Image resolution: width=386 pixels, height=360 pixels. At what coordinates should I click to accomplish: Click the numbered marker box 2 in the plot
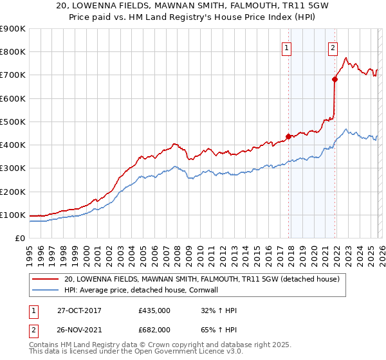pyautogui.click(x=333, y=47)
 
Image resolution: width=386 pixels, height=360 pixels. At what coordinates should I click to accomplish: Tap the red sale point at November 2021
pyautogui.click(x=335, y=80)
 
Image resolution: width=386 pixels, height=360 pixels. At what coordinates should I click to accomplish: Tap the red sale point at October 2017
pyautogui.click(x=288, y=136)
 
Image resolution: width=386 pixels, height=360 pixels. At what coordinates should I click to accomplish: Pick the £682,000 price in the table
pyautogui.click(x=154, y=329)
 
